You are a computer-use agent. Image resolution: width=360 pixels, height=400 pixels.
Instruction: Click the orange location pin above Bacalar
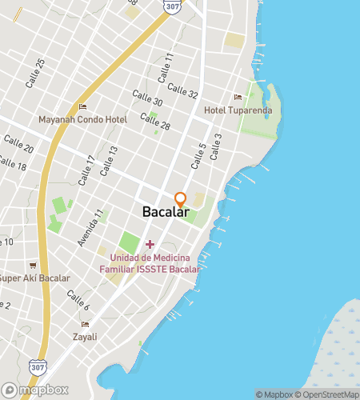tap(180, 198)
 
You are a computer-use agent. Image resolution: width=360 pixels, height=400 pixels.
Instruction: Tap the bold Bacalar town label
tap(166, 213)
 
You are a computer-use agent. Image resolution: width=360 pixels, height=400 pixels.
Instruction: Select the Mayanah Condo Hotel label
tap(82, 120)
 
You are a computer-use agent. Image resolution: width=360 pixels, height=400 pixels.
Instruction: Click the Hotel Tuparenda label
tap(238, 110)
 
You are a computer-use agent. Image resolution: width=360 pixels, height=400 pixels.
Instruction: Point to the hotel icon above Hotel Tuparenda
tap(238, 98)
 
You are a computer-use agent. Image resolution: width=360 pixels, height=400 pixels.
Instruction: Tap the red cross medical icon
tap(149, 242)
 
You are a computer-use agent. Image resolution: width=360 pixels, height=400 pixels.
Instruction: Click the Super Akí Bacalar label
tap(34, 278)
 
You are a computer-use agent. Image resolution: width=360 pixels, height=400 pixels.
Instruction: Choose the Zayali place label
tap(84, 337)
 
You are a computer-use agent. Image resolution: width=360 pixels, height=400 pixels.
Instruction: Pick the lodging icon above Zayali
tap(84, 324)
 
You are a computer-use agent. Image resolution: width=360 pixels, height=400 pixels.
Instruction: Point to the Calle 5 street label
tap(198, 156)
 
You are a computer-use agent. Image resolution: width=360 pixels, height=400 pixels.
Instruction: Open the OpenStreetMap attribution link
tap(328, 394)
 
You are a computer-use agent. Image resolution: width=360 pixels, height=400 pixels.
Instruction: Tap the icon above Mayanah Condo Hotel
tap(82, 107)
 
